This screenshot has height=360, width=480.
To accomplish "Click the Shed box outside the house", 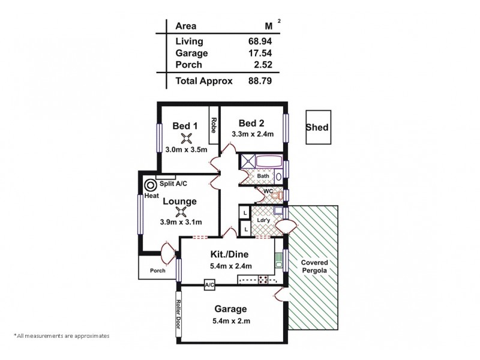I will [x=317, y=127].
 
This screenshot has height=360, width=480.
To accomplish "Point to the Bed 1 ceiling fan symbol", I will [x=185, y=137].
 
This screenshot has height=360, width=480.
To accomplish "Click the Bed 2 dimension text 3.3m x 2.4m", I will [x=253, y=134].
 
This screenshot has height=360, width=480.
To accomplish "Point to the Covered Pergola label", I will [x=314, y=268].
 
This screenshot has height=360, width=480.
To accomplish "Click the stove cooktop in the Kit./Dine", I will [x=263, y=278].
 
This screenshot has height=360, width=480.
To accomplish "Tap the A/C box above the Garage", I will [x=209, y=284].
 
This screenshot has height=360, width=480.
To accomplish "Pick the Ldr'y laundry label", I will [x=262, y=220].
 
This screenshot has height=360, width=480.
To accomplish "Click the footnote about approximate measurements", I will [x=61, y=337].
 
